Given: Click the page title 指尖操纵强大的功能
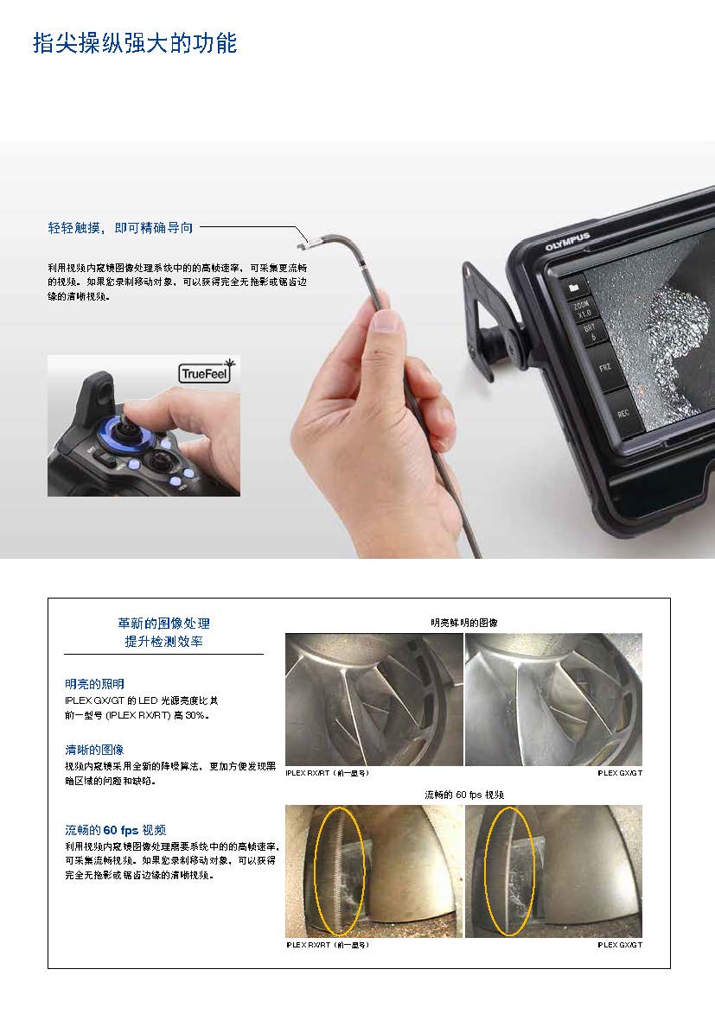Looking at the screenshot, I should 134,43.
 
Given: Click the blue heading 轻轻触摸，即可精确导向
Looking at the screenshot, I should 120,228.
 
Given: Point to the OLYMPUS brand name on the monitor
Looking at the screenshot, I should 566,241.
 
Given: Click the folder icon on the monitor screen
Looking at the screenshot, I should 573,286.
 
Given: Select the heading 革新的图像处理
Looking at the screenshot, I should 163,623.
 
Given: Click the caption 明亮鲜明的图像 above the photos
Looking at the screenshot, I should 463,622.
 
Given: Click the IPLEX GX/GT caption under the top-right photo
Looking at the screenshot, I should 620,773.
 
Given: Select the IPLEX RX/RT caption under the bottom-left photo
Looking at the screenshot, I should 328,945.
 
